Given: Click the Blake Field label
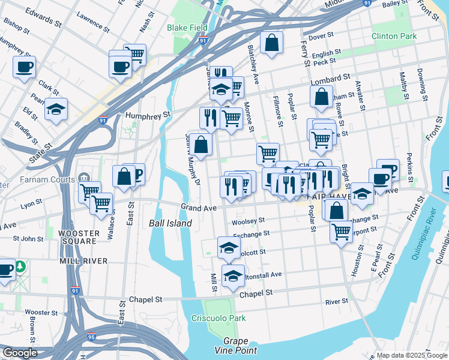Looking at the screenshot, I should (x=187, y=28).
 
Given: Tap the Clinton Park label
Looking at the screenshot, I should (x=393, y=36).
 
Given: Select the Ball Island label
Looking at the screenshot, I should (x=170, y=223).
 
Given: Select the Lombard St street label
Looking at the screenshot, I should (x=330, y=79).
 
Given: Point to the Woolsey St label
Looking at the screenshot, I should (x=248, y=221).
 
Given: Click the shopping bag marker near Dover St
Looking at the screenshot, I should (x=271, y=43).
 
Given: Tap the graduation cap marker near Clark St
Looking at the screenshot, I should (x=56, y=109).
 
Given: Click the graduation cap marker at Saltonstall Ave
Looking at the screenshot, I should (x=232, y=275).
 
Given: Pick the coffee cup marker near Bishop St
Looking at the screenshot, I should (x=24, y=67).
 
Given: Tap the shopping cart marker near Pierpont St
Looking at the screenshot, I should (x=341, y=231).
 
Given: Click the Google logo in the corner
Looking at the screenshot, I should (x=20, y=353).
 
